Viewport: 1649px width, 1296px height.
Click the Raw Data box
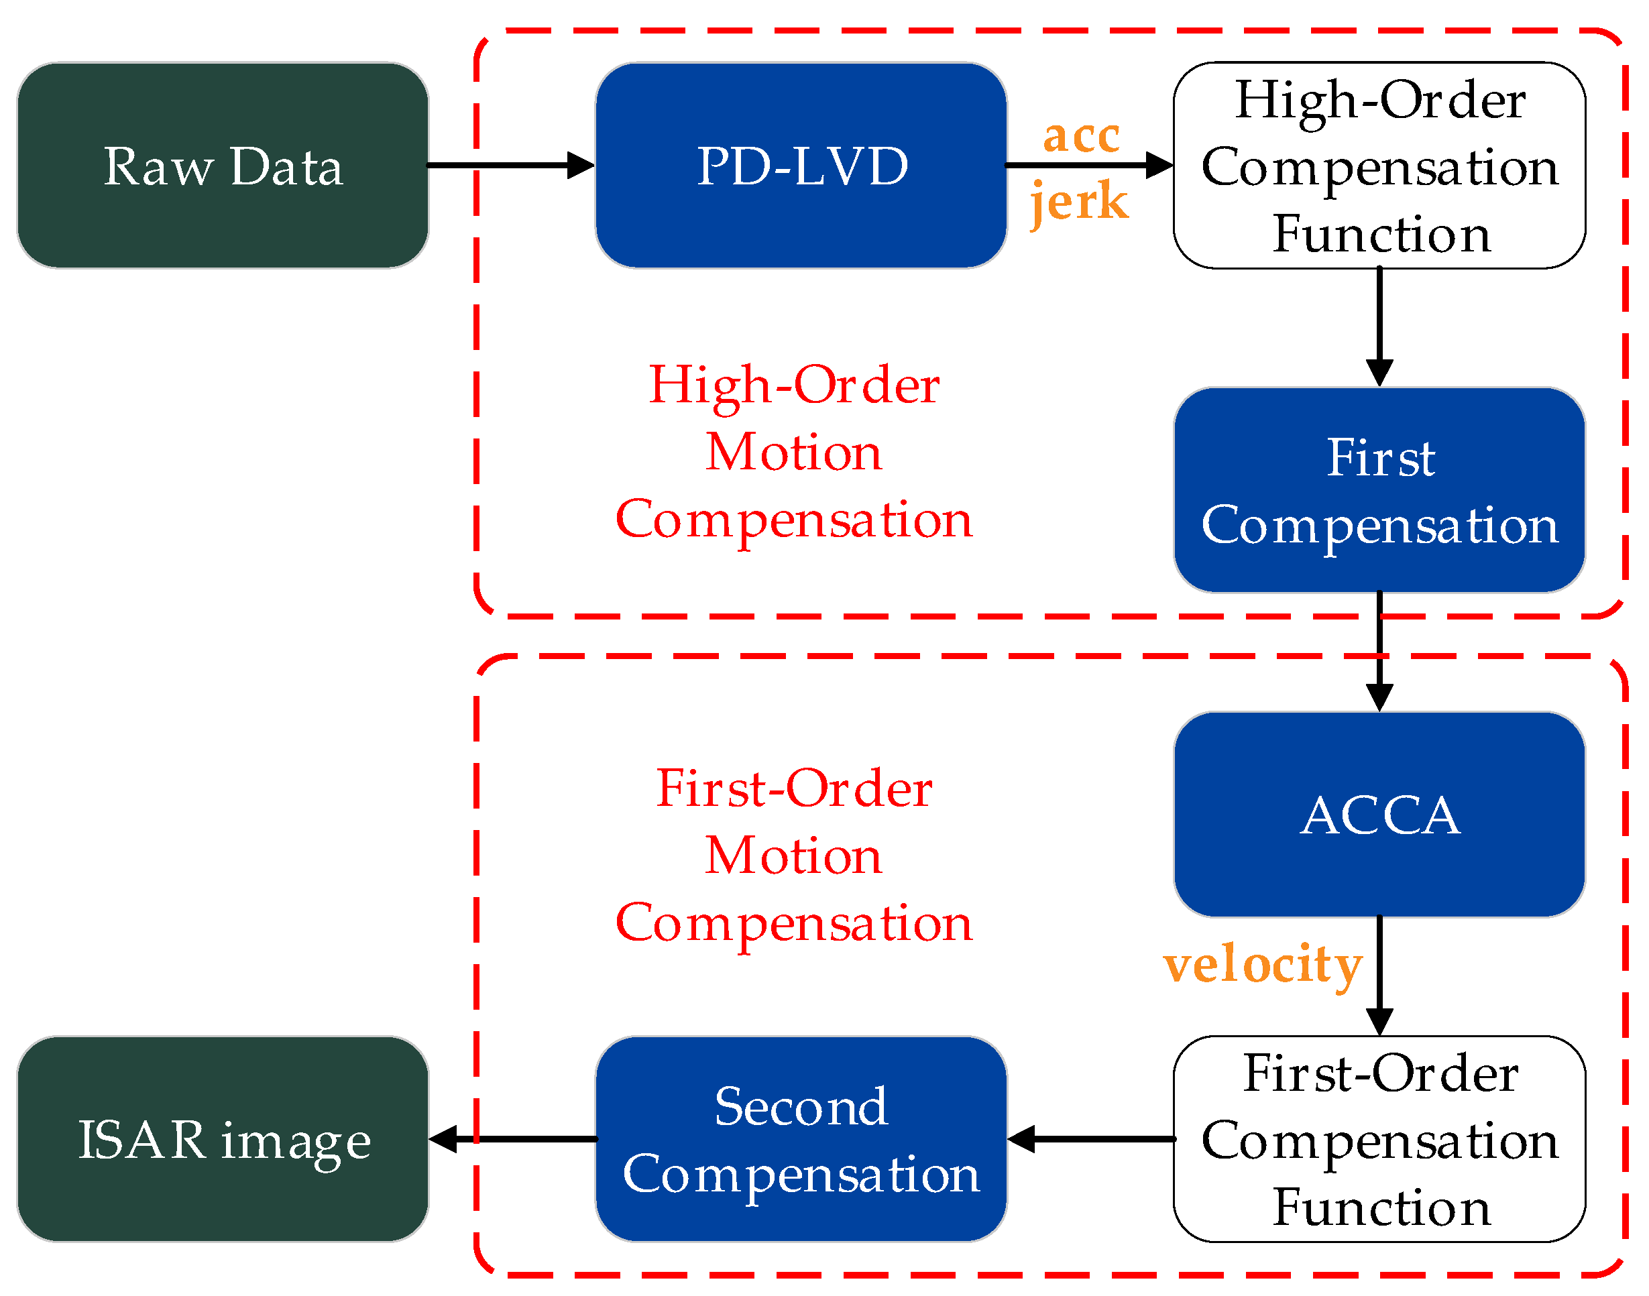click(x=223, y=166)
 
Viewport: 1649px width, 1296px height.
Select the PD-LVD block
click(x=801, y=166)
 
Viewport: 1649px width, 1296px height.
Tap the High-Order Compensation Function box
click(x=1378, y=166)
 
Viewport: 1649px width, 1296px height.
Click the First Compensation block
click(x=1378, y=490)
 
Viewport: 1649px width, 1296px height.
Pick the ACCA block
click(x=1378, y=814)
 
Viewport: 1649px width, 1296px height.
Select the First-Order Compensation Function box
click(x=1378, y=1139)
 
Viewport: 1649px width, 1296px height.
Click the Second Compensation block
click(x=801, y=1139)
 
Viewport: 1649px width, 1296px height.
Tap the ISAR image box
click(x=223, y=1139)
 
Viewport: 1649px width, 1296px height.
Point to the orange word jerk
click(x=1078, y=201)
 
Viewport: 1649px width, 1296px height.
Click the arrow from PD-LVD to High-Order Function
click(x=1088, y=165)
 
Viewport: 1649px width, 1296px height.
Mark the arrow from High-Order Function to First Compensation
click(x=1379, y=327)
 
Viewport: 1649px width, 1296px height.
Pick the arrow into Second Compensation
click(x=1090, y=1139)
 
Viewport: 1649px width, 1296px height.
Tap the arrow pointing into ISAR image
click(x=512, y=1139)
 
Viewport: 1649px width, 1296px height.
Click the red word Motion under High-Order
click(x=793, y=453)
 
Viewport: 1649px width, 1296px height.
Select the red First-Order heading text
click(x=793, y=788)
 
